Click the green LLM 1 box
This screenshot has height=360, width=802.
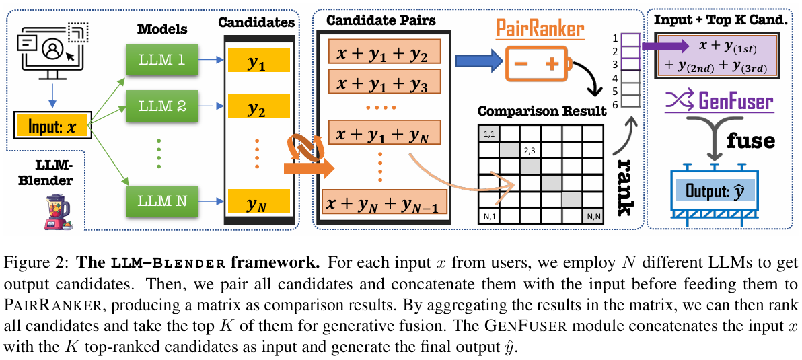[x=161, y=60]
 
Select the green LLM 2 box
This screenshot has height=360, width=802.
[x=161, y=106]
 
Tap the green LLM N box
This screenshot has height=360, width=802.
[x=161, y=199]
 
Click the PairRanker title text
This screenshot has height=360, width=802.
[x=540, y=28]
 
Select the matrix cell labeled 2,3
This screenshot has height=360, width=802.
[x=530, y=150]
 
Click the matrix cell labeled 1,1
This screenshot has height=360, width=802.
[x=489, y=134]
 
